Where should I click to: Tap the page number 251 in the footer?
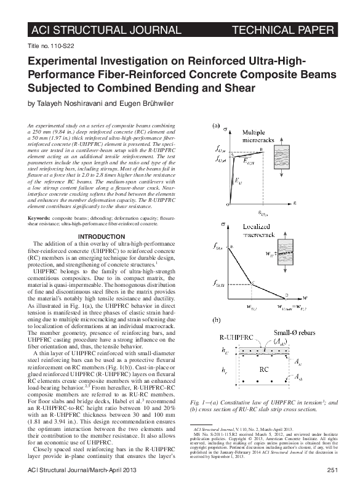coord(333,471)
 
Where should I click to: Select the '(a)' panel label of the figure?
coord(217,126)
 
